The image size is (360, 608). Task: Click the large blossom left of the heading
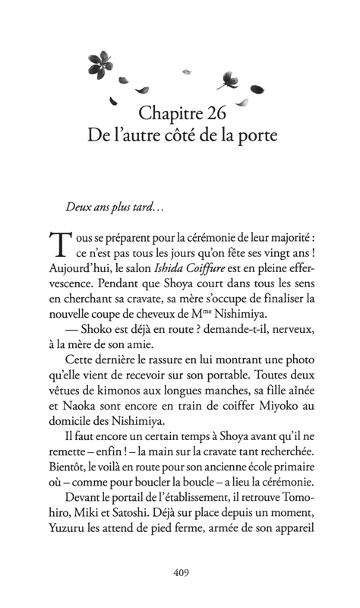99,62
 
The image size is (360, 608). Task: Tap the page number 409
179,572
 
